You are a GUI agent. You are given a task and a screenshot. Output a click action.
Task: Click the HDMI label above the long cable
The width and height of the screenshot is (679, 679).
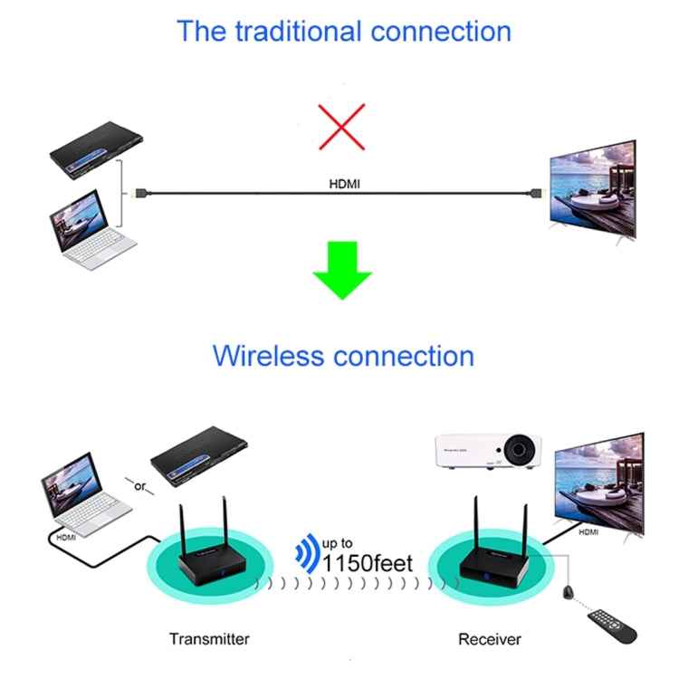click(345, 184)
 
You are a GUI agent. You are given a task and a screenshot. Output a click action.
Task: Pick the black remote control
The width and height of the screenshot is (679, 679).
click(612, 626)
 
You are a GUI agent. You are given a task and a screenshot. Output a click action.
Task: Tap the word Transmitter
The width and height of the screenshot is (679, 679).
click(209, 639)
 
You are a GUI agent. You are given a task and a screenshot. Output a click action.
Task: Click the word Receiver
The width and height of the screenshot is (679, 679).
click(490, 639)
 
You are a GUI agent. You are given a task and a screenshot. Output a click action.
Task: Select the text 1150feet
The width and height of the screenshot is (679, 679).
click(368, 563)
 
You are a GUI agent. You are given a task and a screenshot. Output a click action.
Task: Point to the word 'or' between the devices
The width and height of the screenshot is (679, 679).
click(139, 486)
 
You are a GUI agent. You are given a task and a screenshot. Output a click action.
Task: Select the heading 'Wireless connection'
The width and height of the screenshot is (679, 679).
click(343, 355)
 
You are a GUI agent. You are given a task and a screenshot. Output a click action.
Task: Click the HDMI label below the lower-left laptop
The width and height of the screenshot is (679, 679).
click(66, 536)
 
